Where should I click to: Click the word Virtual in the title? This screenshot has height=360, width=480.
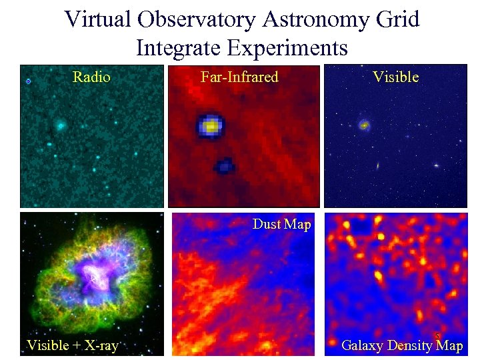click(x=97, y=19)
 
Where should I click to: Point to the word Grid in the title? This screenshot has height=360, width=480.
click(x=398, y=19)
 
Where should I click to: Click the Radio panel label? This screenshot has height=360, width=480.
click(x=91, y=77)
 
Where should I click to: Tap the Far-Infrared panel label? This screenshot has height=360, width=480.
click(x=239, y=77)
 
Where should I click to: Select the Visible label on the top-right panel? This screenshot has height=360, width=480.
click(x=395, y=77)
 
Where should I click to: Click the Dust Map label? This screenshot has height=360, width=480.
click(x=281, y=224)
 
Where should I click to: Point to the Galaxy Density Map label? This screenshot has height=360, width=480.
click(x=401, y=345)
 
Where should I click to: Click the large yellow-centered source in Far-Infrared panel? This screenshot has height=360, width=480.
click(x=211, y=125)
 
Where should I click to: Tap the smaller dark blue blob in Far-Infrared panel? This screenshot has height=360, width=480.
click(x=224, y=165)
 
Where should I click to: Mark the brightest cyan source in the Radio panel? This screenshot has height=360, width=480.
click(x=60, y=125)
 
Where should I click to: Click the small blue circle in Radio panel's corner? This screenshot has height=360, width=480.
click(x=29, y=81)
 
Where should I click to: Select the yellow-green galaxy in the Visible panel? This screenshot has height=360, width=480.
click(x=364, y=124)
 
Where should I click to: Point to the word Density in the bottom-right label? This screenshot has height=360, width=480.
click(x=409, y=345)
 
